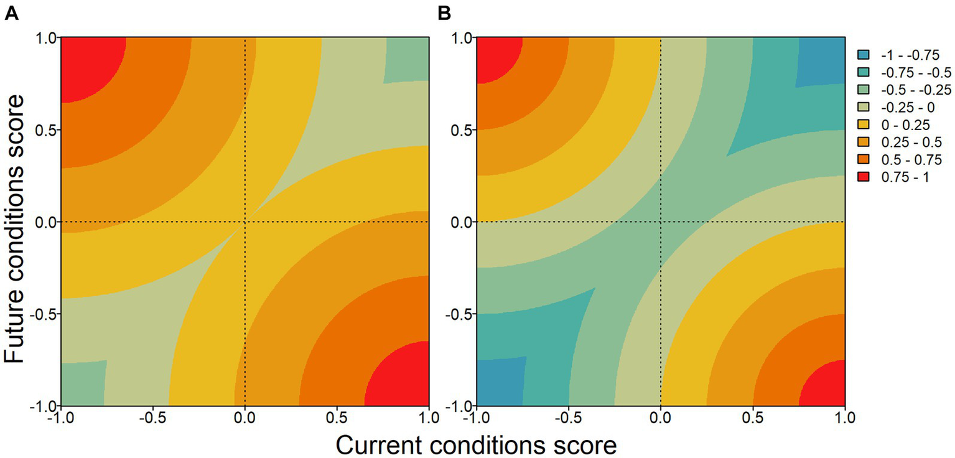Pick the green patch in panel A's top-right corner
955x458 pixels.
coord(408,59)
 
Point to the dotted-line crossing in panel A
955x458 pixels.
coord(245,222)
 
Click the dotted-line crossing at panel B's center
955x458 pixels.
coord(660,222)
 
